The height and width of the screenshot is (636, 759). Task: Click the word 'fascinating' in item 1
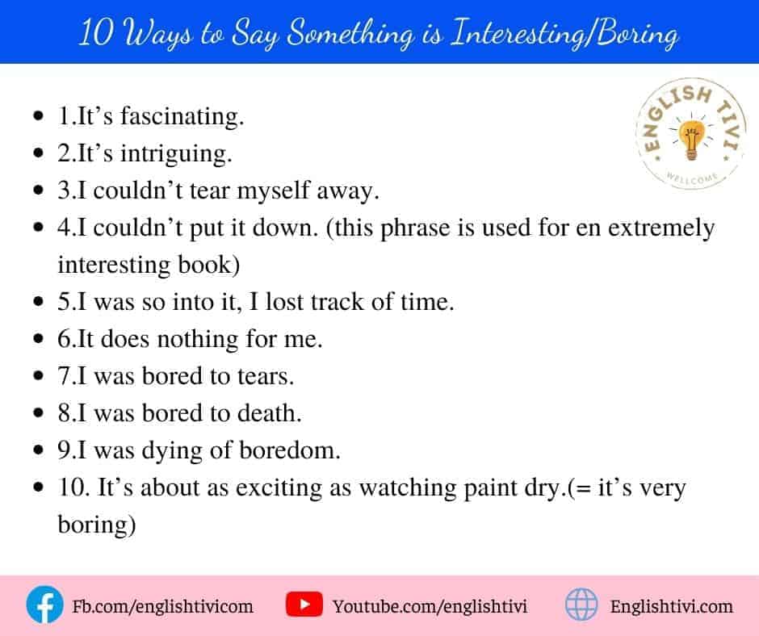click(x=182, y=117)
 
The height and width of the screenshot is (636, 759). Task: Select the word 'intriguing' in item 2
click(x=176, y=154)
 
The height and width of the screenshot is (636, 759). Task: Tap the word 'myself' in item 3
click(x=273, y=191)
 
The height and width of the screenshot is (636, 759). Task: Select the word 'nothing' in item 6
click(x=198, y=339)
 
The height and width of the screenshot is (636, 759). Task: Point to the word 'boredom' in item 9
click(x=289, y=450)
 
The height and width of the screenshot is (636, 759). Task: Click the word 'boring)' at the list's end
click(x=96, y=525)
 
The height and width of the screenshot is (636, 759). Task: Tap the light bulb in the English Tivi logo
click(x=690, y=139)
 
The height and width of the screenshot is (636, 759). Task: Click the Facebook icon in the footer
click(x=44, y=605)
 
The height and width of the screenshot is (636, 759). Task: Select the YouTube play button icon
click(x=304, y=605)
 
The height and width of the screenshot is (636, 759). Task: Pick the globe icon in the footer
click(x=581, y=605)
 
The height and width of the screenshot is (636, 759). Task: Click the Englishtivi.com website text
click(x=671, y=606)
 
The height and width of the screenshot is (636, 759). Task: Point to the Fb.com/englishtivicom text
click(x=162, y=606)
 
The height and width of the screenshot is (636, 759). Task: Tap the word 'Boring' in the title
click(x=636, y=35)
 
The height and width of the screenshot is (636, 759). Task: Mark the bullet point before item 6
click(x=39, y=339)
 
